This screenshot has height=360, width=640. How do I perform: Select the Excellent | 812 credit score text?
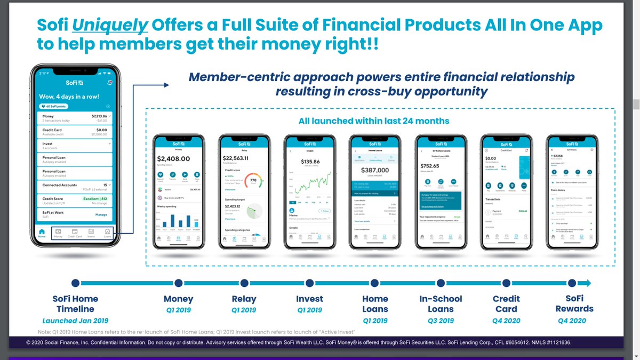tap(96, 198)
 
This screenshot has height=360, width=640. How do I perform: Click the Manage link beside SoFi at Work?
tap(101, 214)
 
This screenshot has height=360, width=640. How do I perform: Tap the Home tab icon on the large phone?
tap(41, 233)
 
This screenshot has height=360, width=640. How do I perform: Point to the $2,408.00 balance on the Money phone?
tap(174, 158)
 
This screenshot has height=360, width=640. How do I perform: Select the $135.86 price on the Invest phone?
tap(310, 161)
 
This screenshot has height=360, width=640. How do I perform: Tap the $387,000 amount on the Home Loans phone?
tap(374, 170)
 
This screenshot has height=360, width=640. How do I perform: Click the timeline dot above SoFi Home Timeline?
tap(75, 283)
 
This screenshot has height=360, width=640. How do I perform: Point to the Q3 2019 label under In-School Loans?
tap(441, 321)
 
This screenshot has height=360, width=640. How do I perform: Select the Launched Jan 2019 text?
tap(75, 321)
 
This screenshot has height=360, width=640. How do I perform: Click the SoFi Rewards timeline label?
tap(574, 303)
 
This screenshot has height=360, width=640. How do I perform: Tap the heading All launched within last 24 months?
tap(374, 121)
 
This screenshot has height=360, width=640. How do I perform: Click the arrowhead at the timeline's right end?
tap(586, 283)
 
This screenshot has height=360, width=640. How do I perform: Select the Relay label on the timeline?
tap(244, 299)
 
